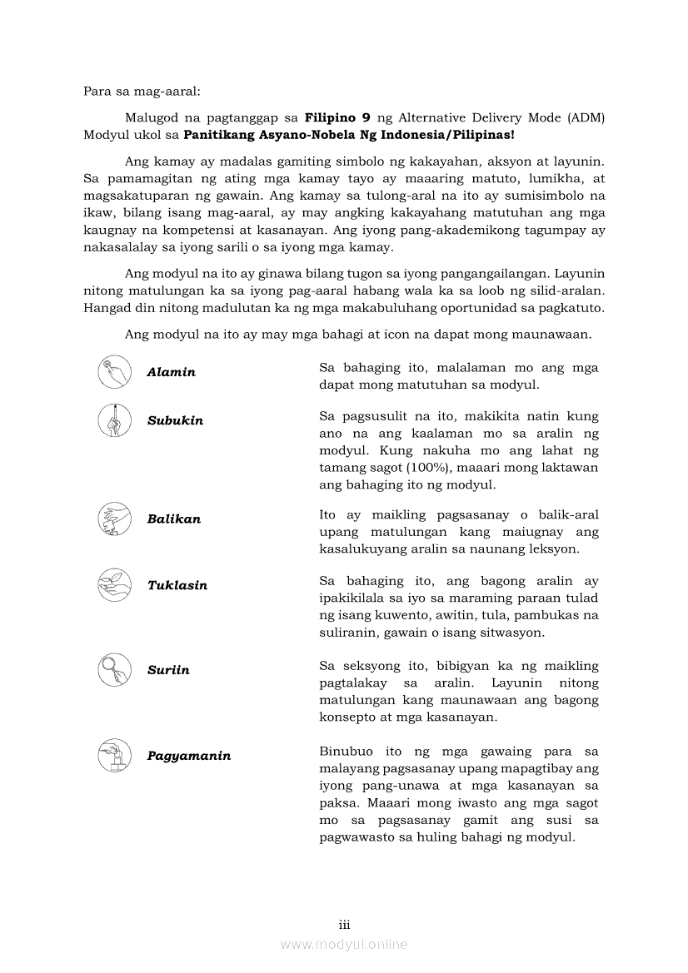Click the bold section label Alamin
click(171, 372)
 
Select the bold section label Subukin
click(175, 420)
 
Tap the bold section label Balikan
click(173, 519)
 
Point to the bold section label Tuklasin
click(177, 585)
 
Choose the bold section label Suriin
click(168, 670)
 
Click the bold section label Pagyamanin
click(188, 756)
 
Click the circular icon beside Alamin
click(113, 372)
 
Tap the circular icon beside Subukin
click(113, 419)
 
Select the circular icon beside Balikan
click(113, 519)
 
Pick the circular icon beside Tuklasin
click(113, 584)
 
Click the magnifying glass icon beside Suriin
click(113, 670)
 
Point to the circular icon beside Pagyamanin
click(113, 755)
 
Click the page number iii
click(344, 925)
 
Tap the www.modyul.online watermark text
click(344, 944)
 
